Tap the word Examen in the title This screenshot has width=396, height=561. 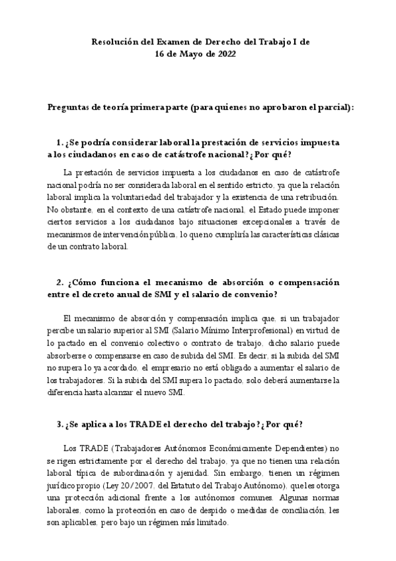[165, 42]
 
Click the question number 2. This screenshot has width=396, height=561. [59, 282]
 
